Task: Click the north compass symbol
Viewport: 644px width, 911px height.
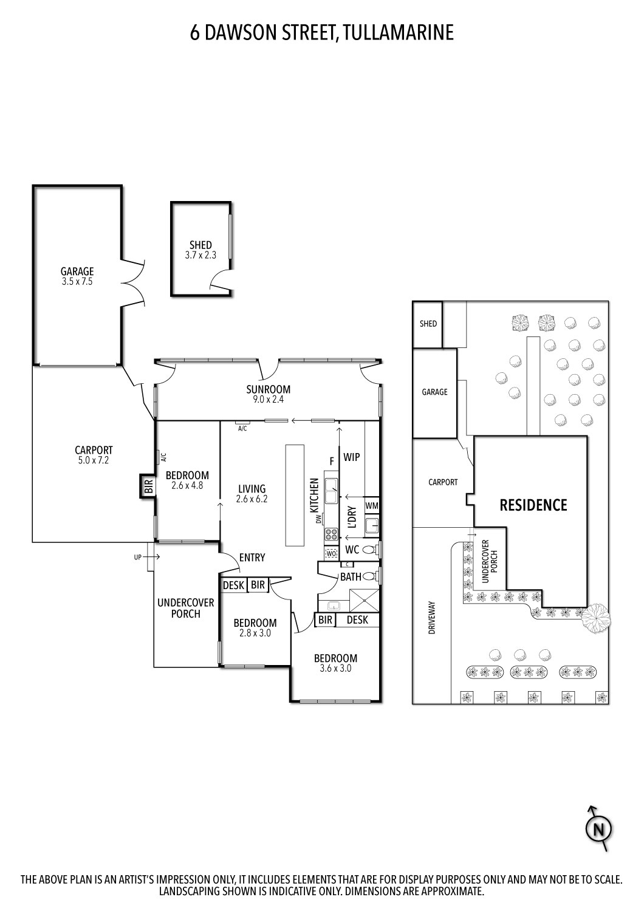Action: pyautogui.click(x=599, y=828)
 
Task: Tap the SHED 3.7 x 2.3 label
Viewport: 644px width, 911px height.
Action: pyautogui.click(x=200, y=251)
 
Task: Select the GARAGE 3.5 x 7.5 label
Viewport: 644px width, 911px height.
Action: pyautogui.click(x=77, y=276)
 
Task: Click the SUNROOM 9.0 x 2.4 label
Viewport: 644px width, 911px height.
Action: pyautogui.click(x=268, y=394)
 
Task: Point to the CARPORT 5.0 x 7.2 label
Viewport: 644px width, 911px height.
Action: pyautogui.click(x=94, y=455)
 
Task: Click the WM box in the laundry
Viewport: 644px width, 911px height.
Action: pyautogui.click(x=372, y=505)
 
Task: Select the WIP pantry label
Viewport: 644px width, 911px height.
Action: pyautogui.click(x=352, y=457)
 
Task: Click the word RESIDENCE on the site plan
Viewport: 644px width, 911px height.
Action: pyautogui.click(x=533, y=505)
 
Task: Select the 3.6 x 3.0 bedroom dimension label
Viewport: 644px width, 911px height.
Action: pyautogui.click(x=335, y=669)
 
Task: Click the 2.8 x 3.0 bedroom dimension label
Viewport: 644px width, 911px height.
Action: pyautogui.click(x=255, y=633)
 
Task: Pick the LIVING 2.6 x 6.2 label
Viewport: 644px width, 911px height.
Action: pyautogui.click(x=252, y=494)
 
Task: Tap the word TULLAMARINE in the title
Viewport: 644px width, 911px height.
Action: pyautogui.click(x=399, y=33)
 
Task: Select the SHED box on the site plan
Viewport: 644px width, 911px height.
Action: pyautogui.click(x=428, y=324)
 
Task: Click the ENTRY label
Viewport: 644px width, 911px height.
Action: pyautogui.click(x=252, y=558)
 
